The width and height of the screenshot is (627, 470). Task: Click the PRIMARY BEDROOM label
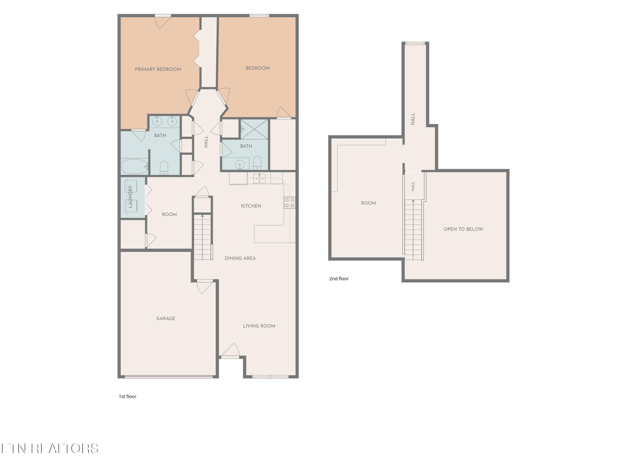pyautogui.click(x=158, y=69)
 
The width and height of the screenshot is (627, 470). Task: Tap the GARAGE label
pyautogui.click(x=166, y=318)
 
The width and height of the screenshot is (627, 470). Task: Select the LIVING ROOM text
pyautogui.click(x=259, y=326)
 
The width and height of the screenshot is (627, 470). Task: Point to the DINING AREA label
pyautogui.click(x=240, y=258)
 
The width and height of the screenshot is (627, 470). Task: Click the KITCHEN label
pyautogui.click(x=251, y=206)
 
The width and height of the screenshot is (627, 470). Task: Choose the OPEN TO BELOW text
pyautogui.click(x=463, y=229)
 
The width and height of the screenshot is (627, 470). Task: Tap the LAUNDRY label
pyautogui.click(x=130, y=197)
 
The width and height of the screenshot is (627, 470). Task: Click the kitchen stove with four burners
pyautogui.click(x=290, y=203)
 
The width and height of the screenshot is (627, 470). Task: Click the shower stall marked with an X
pyautogui.click(x=254, y=129)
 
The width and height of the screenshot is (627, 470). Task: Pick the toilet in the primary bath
pyautogui.click(x=164, y=168)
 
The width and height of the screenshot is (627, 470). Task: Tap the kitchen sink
pyautogui.click(x=259, y=178)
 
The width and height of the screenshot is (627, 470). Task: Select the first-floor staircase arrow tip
pyautogui.click(x=202, y=216)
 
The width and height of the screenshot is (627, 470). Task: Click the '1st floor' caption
pyautogui.click(x=127, y=396)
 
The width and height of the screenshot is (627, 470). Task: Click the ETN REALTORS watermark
pyautogui.click(x=50, y=448)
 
